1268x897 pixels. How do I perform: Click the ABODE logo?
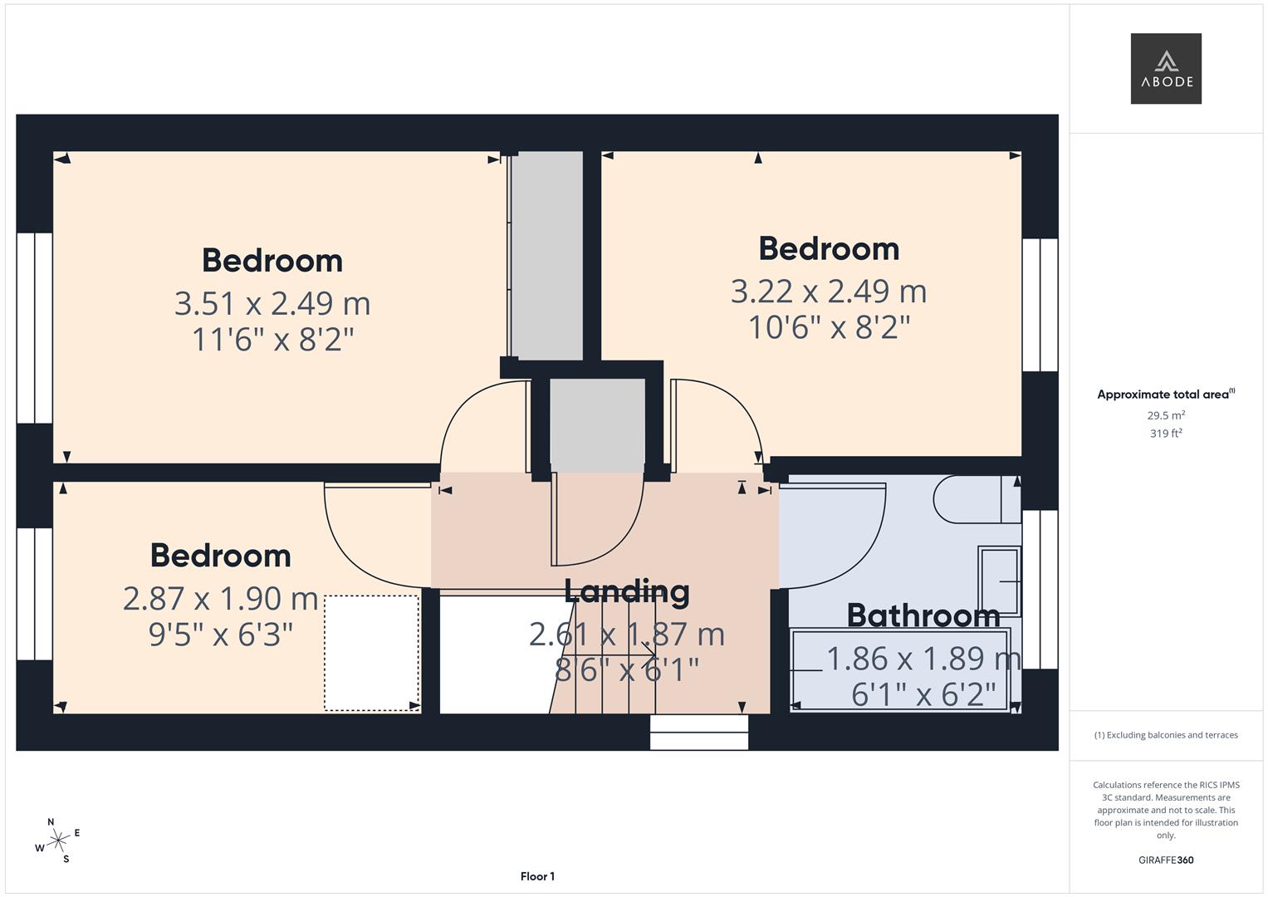(x=1165, y=69)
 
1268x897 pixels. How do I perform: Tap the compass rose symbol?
(x=57, y=841)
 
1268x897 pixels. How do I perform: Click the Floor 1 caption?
(x=537, y=876)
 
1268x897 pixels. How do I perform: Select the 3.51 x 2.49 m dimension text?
(x=272, y=303)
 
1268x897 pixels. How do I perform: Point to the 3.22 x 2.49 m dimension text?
(x=828, y=292)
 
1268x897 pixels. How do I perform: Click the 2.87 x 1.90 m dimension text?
(x=220, y=598)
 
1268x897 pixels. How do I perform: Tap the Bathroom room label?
(x=923, y=615)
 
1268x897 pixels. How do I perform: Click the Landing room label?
(x=626, y=591)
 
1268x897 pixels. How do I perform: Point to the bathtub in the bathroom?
(x=900, y=670)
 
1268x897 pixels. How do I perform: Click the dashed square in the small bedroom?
(x=371, y=653)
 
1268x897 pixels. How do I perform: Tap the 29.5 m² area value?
(x=1165, y=415)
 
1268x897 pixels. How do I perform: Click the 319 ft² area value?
(x=1165, y=434)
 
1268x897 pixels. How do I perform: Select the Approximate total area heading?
(x=1165, y=395)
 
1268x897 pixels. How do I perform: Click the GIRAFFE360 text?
(x=1165, y=860)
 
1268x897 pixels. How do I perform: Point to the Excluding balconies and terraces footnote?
(x=1165, y=735)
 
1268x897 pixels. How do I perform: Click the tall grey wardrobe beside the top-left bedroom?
(x=546, y=256)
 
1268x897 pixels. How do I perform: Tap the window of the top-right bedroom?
(x=1040, y=305)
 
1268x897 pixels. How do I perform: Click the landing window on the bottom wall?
(x=699, y=733)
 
